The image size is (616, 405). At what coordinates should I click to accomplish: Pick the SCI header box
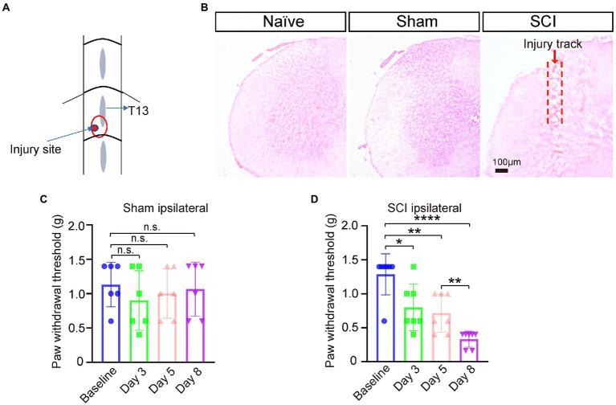(x=545, y=20)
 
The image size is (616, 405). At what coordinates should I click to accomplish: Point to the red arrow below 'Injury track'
(x=553, y=55)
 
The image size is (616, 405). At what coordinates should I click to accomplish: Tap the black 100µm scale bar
(x=500, y=170)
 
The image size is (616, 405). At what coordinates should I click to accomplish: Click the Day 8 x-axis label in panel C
(x=190, y=381)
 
